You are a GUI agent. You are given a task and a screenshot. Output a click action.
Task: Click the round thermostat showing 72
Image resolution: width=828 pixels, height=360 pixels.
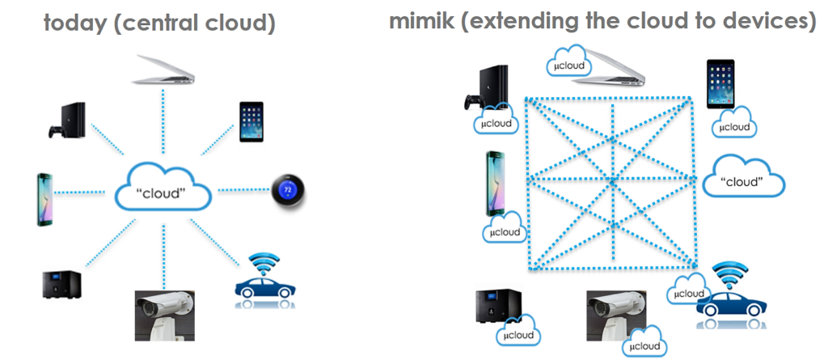(287, 189)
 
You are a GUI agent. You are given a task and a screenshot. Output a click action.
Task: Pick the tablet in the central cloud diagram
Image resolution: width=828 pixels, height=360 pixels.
(252, 121)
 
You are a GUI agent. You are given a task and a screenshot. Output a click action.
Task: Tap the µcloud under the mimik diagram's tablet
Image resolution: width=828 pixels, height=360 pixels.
(734, 127)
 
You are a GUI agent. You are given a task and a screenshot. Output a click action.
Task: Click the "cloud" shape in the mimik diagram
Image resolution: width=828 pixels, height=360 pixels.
(744, 180)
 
